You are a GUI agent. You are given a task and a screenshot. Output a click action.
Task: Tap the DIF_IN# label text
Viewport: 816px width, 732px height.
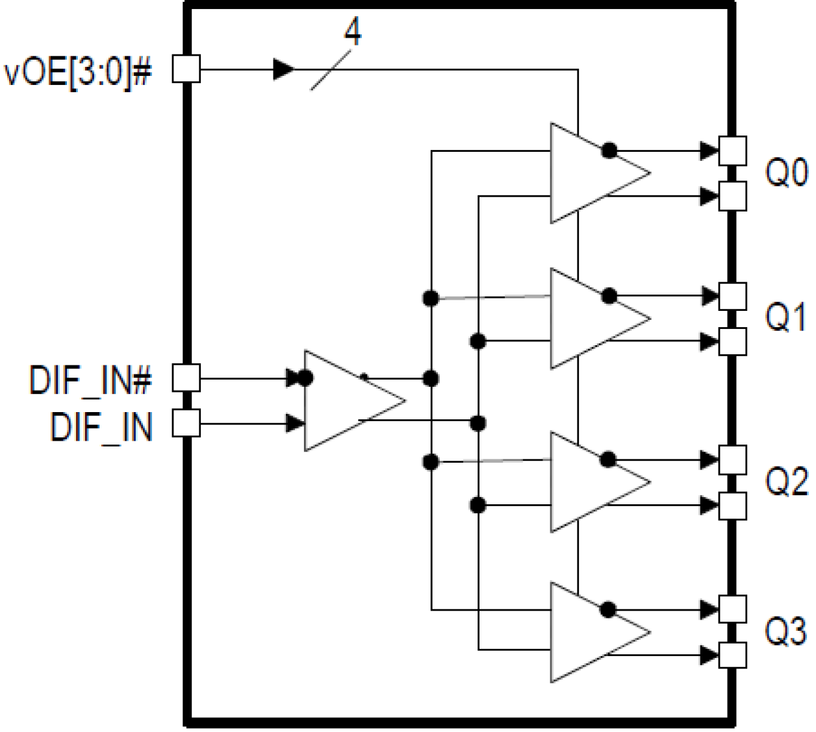pyautogui.click(x=90, y=380)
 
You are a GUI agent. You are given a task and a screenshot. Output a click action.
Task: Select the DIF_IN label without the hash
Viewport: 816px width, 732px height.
pyautogui.click(x=101, y=426)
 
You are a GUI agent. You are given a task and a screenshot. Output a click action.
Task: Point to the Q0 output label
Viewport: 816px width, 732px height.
pyautogui.click(x=786, y=173)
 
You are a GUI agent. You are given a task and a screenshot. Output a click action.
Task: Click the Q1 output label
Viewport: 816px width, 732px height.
pyautogui.click(x=786, y=318)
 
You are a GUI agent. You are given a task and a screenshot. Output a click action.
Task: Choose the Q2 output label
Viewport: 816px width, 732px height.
pyautogui.click(x=786, y=482)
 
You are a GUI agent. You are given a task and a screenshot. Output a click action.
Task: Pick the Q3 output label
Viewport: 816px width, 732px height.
pyautogui.click(x=786, y=632)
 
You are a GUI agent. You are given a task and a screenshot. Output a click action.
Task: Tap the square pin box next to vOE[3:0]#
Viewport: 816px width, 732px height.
pyautogui.click(x=186, y=69)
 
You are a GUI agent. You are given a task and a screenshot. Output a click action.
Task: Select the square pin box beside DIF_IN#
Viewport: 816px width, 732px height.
pyautogui.click(x=186, y=378)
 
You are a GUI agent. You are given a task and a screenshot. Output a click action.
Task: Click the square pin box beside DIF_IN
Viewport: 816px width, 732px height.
pyautogui.click(x=186, y=424)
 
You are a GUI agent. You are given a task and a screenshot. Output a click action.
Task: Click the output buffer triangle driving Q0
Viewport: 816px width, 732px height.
pyautogui.click(x=591, y=173)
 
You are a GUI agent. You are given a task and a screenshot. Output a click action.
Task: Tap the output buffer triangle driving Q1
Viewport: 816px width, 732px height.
pyautogui.click(x=591, y=319)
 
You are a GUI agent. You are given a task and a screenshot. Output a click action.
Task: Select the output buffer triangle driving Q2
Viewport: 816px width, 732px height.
pyautogui.click(x=591, y=482)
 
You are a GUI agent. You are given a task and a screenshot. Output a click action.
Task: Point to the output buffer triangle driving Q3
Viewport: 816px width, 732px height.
pyautogui.click(x=591, y=632)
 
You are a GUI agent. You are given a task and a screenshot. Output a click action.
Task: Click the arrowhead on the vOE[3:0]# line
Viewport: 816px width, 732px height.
pyautogui.click(x=283, y=69)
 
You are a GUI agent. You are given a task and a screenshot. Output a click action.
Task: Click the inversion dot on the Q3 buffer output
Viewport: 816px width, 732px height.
pyautogui.click(x=609, y=609)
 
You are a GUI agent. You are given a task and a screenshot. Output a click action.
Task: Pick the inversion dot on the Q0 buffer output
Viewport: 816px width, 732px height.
pyautogui.click(x=609, y=151)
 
